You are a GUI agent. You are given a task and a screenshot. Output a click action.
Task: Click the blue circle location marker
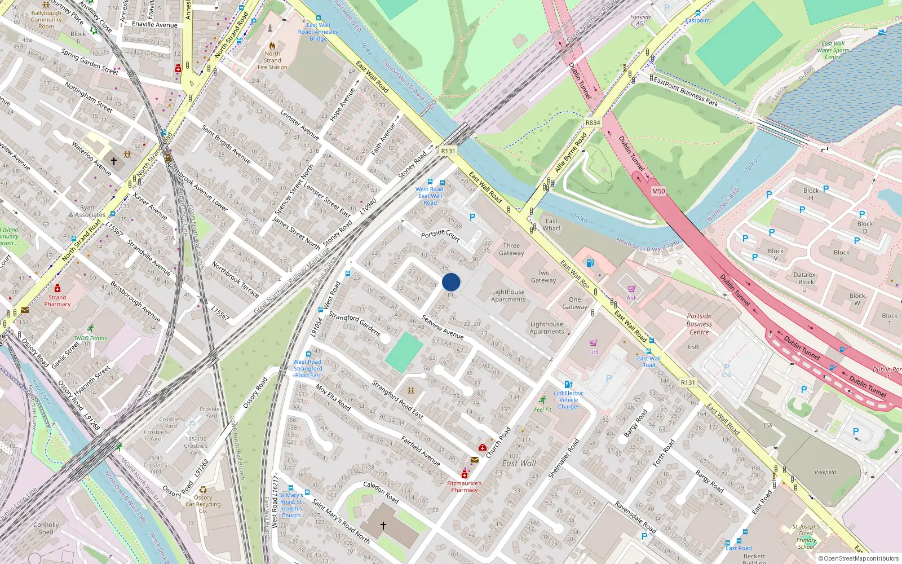click(x=451, y=282)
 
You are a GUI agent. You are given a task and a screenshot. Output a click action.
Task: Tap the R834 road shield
click(x=593, y=122)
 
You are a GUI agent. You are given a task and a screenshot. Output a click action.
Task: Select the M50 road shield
click(x=658, y=191)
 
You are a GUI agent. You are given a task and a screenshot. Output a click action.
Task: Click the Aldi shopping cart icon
click(x=631, y=289)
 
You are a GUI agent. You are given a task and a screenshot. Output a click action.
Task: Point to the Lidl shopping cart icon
click(x=593, y=343)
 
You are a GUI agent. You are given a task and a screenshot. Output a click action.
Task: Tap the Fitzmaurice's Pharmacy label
click(x=464, y=486)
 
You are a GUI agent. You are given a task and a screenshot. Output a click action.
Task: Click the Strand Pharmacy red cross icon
click(x=58, y=288)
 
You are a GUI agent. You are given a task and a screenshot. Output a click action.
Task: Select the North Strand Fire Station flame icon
click(x=272, y=45)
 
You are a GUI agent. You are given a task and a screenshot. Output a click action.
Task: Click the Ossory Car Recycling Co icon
click(x=203, y=490)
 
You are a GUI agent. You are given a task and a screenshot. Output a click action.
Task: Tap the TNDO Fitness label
click(x=90, y=338)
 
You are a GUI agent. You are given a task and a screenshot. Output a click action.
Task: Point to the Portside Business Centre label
click(x=699, y=324)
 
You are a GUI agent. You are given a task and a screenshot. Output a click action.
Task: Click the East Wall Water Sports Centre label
click(x=833, y=50)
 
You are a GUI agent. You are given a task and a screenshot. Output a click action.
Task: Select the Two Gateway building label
click(x=543, y=276)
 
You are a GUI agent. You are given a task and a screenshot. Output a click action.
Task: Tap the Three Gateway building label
click(x=511, y=249)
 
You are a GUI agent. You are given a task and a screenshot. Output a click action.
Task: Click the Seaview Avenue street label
click(x=443, y=327)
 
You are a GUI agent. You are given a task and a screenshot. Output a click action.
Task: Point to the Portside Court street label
click(x=440, y=235)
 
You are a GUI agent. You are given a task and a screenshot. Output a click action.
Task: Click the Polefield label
click(x=825, y=472)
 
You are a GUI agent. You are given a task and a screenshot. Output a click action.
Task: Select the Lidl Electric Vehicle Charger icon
click(x=568, y=384)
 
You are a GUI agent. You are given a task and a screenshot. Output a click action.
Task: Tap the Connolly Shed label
click(x=46, y=528)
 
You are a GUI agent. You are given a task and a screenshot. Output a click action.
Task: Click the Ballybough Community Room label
click(x=46, y=20)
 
